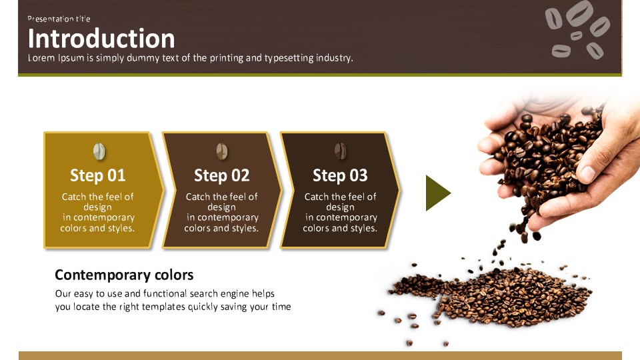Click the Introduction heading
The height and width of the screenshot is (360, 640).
(101, 39)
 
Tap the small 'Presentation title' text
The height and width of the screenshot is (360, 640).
(59, 19)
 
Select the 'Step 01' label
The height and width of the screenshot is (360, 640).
(97, 175)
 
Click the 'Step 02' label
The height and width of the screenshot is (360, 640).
(221, 175)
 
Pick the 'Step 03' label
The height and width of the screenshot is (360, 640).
(340, 175)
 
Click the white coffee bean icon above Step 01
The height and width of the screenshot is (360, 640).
(99, 151)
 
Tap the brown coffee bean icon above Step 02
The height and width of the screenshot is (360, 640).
(222, 151)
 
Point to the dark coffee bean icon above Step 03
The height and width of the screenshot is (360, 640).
(341, 151)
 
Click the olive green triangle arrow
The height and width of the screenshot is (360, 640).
(436, 193)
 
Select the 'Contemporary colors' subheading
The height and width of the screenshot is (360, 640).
(124, 275)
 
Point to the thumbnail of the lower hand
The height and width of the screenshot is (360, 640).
(588, 173)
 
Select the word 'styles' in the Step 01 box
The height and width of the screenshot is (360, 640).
(119, 229)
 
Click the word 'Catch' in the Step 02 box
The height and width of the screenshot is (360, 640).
(198, 197)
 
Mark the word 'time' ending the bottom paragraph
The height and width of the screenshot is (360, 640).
(281, 307)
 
